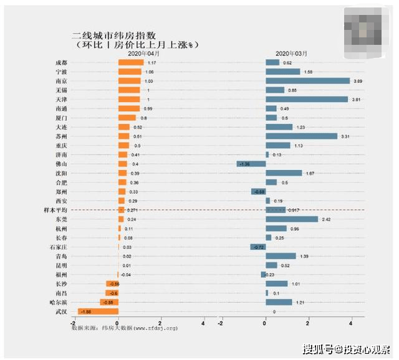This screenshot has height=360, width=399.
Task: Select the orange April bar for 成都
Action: click(x=131, y=63)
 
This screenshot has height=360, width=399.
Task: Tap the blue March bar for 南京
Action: click(x=307, y=81)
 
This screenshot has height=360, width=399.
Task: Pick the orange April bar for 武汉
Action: click(x=98, y=311)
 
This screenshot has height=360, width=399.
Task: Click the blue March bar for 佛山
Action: click(x=251, y=164)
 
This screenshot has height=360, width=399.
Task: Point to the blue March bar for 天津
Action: click(x=307, y=100)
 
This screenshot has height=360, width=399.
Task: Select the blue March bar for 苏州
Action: click(x=301, y=136)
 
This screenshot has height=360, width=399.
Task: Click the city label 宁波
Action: click(x=61, y=72)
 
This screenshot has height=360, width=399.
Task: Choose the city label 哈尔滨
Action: click(x=58, y=302)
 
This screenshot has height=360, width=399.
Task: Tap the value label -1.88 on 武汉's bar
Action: click(x=86, y=311)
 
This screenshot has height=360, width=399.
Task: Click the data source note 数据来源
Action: click(x=124, y=327)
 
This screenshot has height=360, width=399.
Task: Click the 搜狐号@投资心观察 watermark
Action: click(x=346, y=348)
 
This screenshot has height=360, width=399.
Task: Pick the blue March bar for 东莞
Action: click(x=292, y=219)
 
